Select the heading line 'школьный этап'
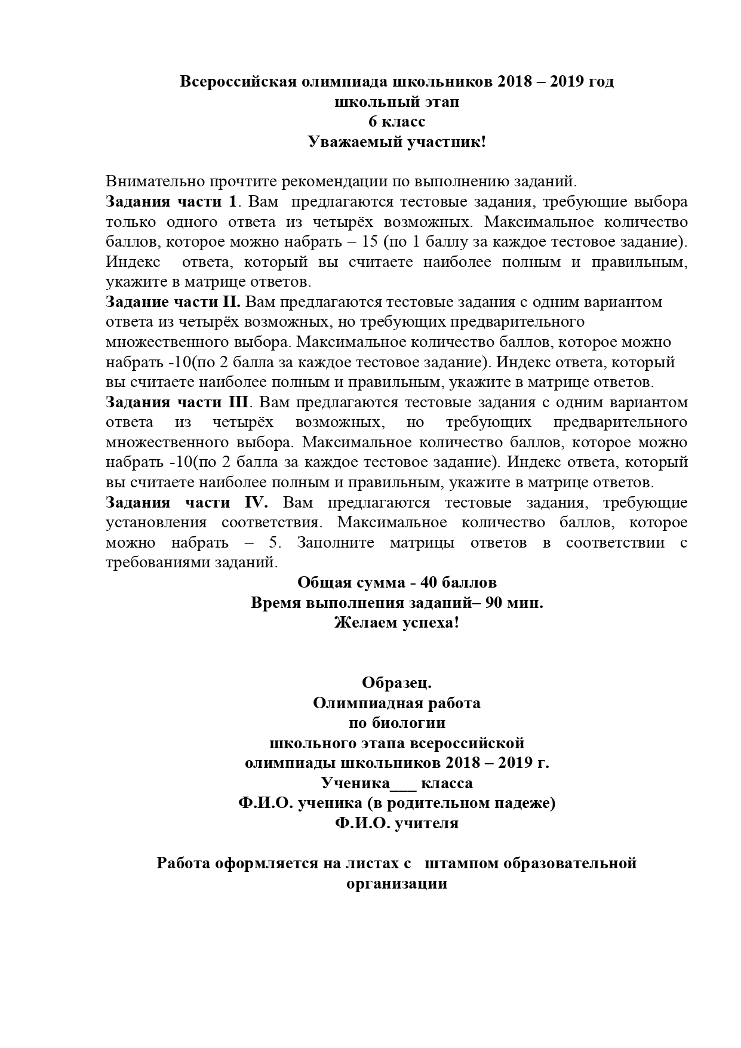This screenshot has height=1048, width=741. (396, 102)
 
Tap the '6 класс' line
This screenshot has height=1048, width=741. (396, 122)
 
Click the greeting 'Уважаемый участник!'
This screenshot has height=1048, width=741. (396, 142)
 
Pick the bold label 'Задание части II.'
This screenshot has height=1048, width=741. (173, 302)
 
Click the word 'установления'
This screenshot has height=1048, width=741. (156, 523)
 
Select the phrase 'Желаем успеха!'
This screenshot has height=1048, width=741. (396, 623)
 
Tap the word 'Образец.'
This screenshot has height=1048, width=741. (396, 683)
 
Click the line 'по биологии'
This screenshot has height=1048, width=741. (396, 723)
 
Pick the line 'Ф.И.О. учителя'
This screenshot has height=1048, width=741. (396, 823)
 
